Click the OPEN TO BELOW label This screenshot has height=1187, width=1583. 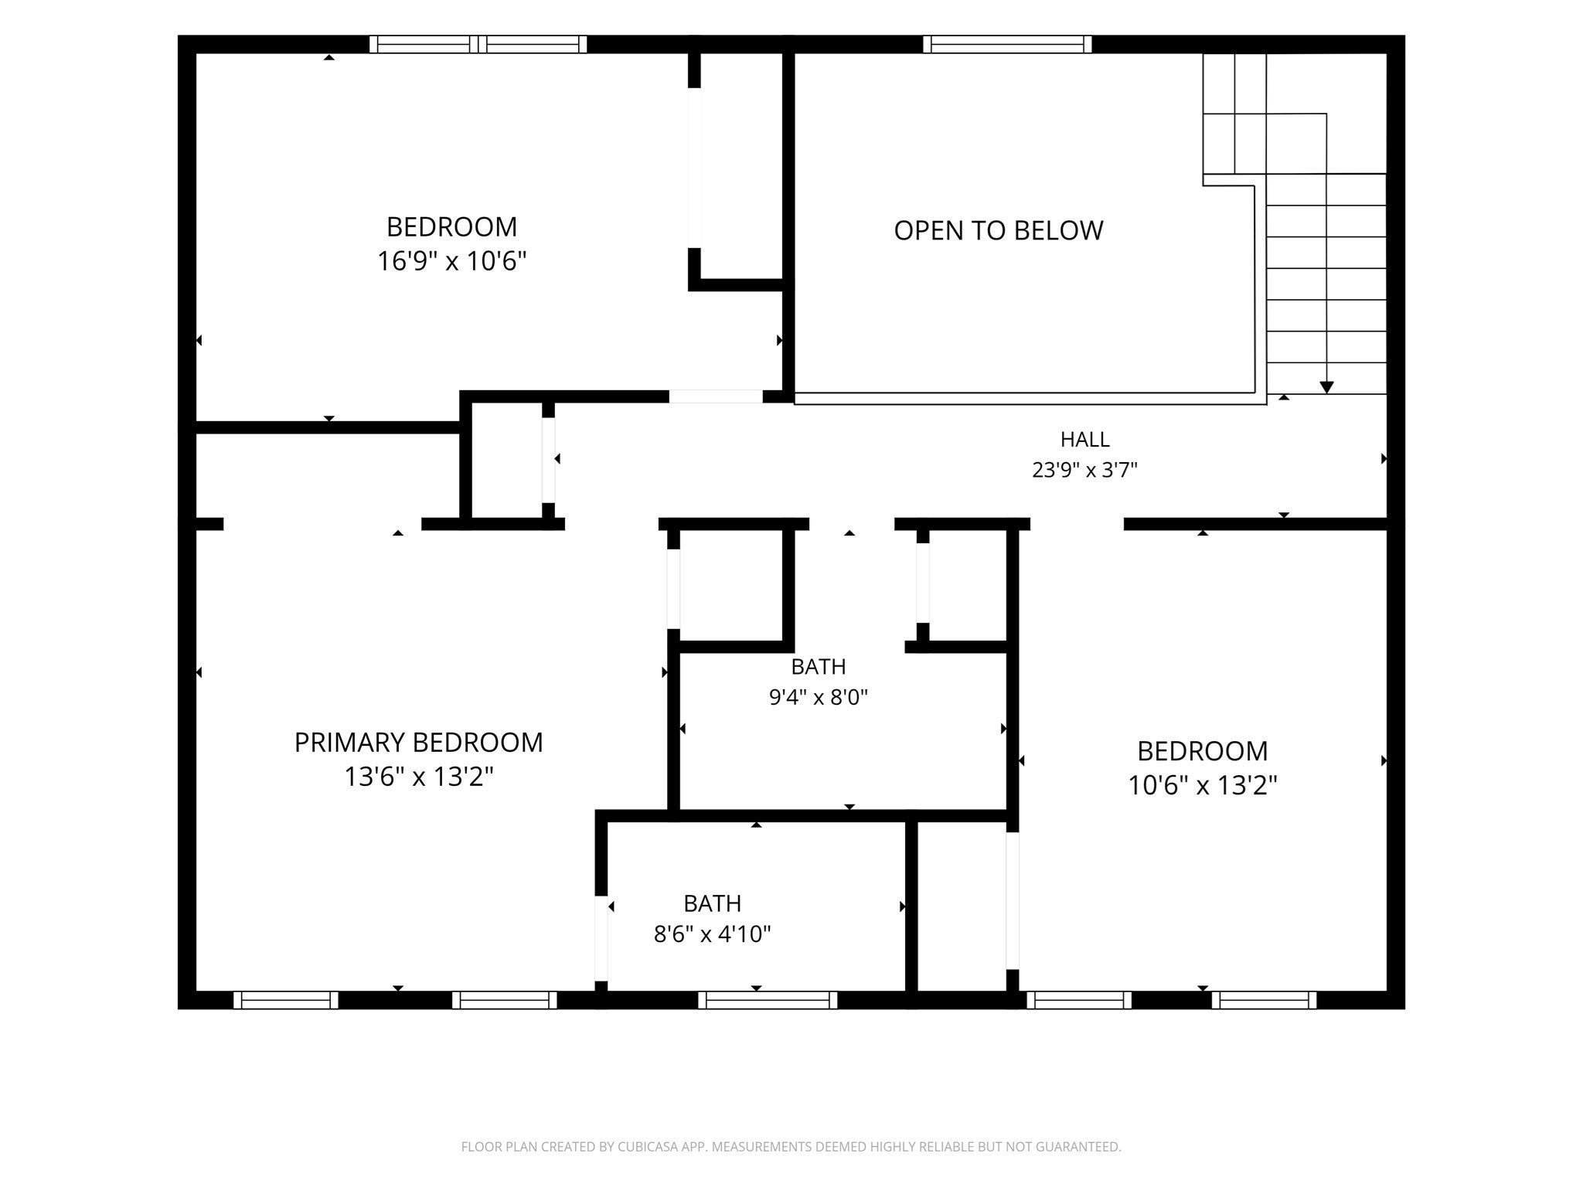pos(998,230)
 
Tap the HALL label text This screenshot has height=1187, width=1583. pos(1084,440)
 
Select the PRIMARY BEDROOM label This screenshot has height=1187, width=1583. pos(418,743)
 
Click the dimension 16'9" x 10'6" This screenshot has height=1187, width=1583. pos(451,261)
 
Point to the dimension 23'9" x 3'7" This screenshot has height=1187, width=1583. pos(1084,470)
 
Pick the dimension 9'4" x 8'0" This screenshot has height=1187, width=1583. pos(818,698)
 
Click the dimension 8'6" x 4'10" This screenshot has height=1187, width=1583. pos(712,934)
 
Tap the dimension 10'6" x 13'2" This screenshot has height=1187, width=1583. pos(1202,786)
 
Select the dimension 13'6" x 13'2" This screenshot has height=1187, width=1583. pos(418,777)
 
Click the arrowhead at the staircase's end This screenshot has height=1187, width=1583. pos(1326,387)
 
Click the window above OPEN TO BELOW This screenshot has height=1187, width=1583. pos(1007,44)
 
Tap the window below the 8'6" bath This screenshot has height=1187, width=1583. pos(768,1000)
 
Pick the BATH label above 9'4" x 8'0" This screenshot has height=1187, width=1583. pos(818,666)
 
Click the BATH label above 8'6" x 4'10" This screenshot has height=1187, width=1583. pos(712,903)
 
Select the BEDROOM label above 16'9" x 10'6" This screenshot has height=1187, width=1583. pos(451,227)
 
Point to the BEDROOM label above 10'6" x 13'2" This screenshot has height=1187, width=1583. pos(1202,751)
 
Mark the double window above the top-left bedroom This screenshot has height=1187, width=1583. pos(478,44)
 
